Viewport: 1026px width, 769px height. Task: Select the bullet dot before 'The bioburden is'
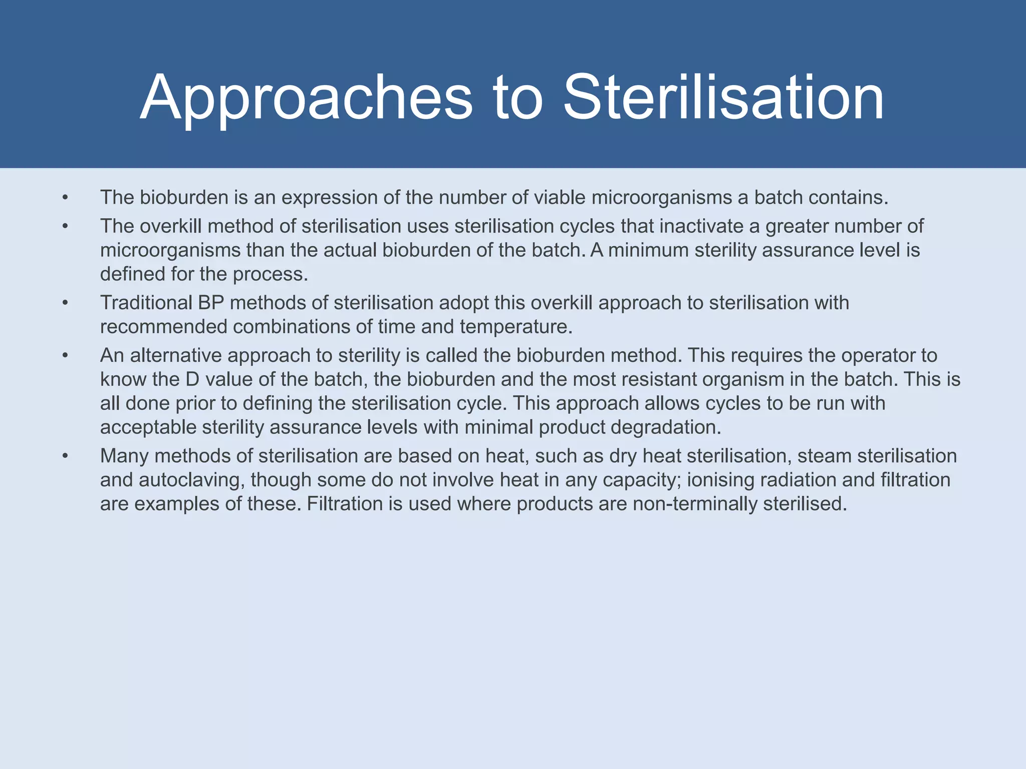click(x=65, y=198)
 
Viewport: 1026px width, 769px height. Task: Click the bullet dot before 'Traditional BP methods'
click(x=65, y=303)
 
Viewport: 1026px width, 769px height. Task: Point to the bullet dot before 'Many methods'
click(x=65, y=456)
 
